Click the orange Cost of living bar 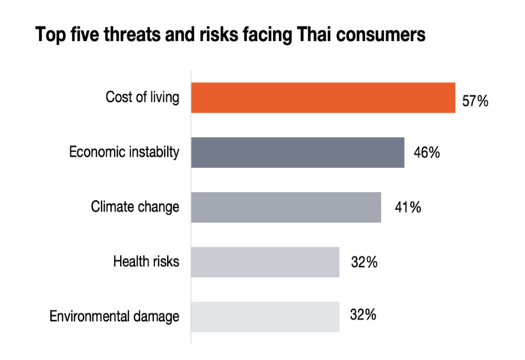[x=323, y=97]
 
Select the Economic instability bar [x=298, y=152]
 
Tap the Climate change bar [x=286, y=207]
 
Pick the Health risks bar [x=265, y=262]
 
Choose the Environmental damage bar [x=265, y=316]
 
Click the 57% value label [x=475, y=100]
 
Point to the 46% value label [x=425, y=153]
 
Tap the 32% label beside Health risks [x=363, y=262]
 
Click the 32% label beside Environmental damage [x=363, y=316]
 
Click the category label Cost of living [x=142, y=97]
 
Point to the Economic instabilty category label [x=124, y=152]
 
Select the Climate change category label [x=135, y=207]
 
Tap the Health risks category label [x=146, y=262]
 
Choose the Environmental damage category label [x=115, y=316]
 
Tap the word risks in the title [x=212, y=35]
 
